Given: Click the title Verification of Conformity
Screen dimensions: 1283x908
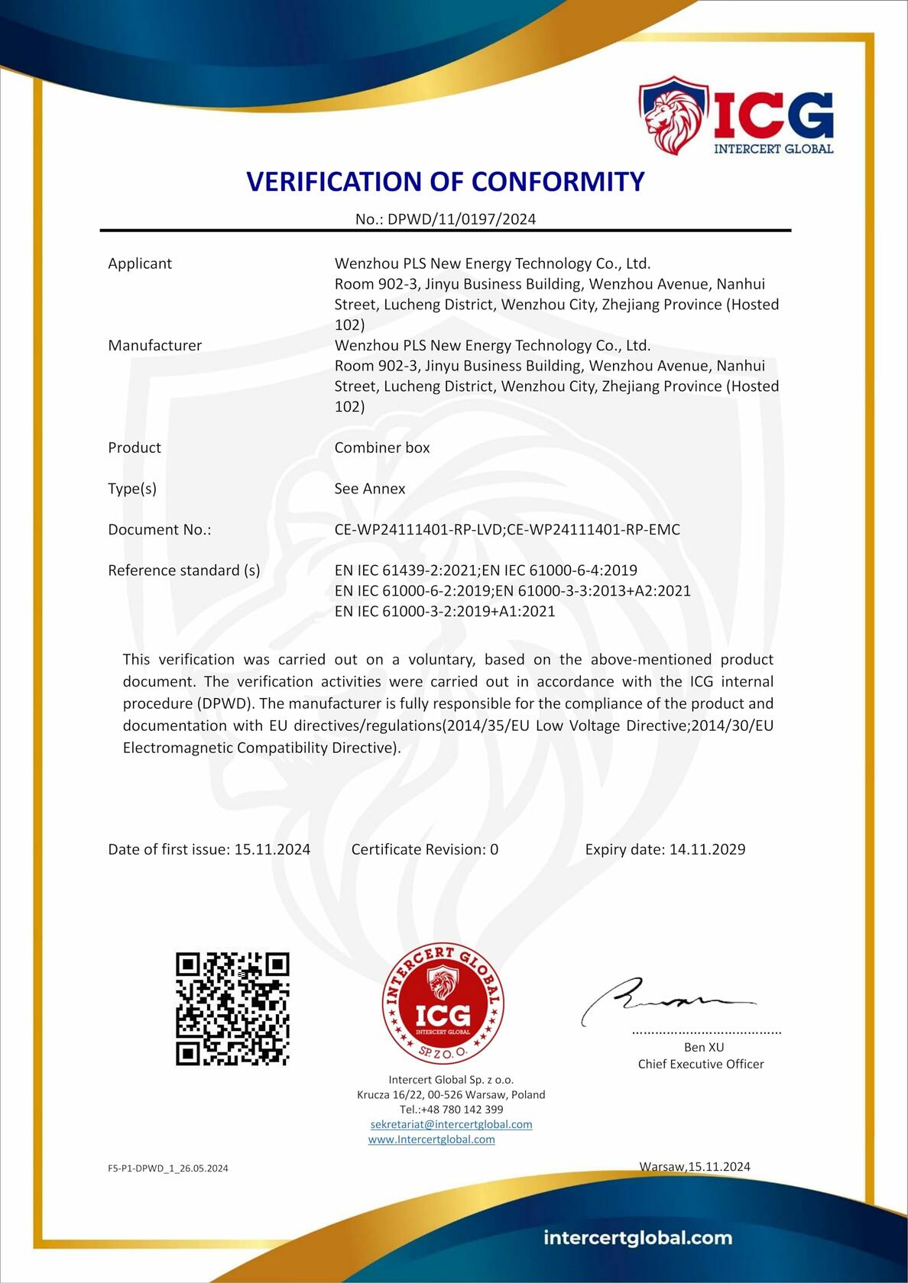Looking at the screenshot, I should click(x=446, y=182).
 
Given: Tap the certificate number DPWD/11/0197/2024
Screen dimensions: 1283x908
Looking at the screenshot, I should click(x=462, y=219).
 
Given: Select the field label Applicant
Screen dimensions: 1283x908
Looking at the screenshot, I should click(x=140, y=263).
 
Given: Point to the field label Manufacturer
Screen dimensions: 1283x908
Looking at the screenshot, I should click(x=154, y=345).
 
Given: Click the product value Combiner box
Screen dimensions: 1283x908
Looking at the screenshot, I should click(x=382, y=448).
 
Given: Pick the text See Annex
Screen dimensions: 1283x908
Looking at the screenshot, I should click(x=370, y=489).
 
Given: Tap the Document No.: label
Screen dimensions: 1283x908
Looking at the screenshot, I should click(x=159, y=530).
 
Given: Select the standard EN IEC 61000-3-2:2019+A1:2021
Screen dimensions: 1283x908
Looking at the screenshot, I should click(x=445, y=612).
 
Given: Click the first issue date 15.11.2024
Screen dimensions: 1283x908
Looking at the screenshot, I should click(x=272, y=849).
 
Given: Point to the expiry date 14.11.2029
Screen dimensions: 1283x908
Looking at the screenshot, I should click(x=707, y=849).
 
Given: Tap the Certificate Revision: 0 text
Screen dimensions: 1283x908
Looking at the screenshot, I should click(x=425, y=849).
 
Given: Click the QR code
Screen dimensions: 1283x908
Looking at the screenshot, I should click(x=232, y=1009).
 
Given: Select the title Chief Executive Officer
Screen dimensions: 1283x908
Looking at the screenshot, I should click(x=701, y=1064).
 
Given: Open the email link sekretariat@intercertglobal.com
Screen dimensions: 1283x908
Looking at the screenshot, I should click(x=451, y=1124).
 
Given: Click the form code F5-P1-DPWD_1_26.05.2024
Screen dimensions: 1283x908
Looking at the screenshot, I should click(x=168, y=1168).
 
